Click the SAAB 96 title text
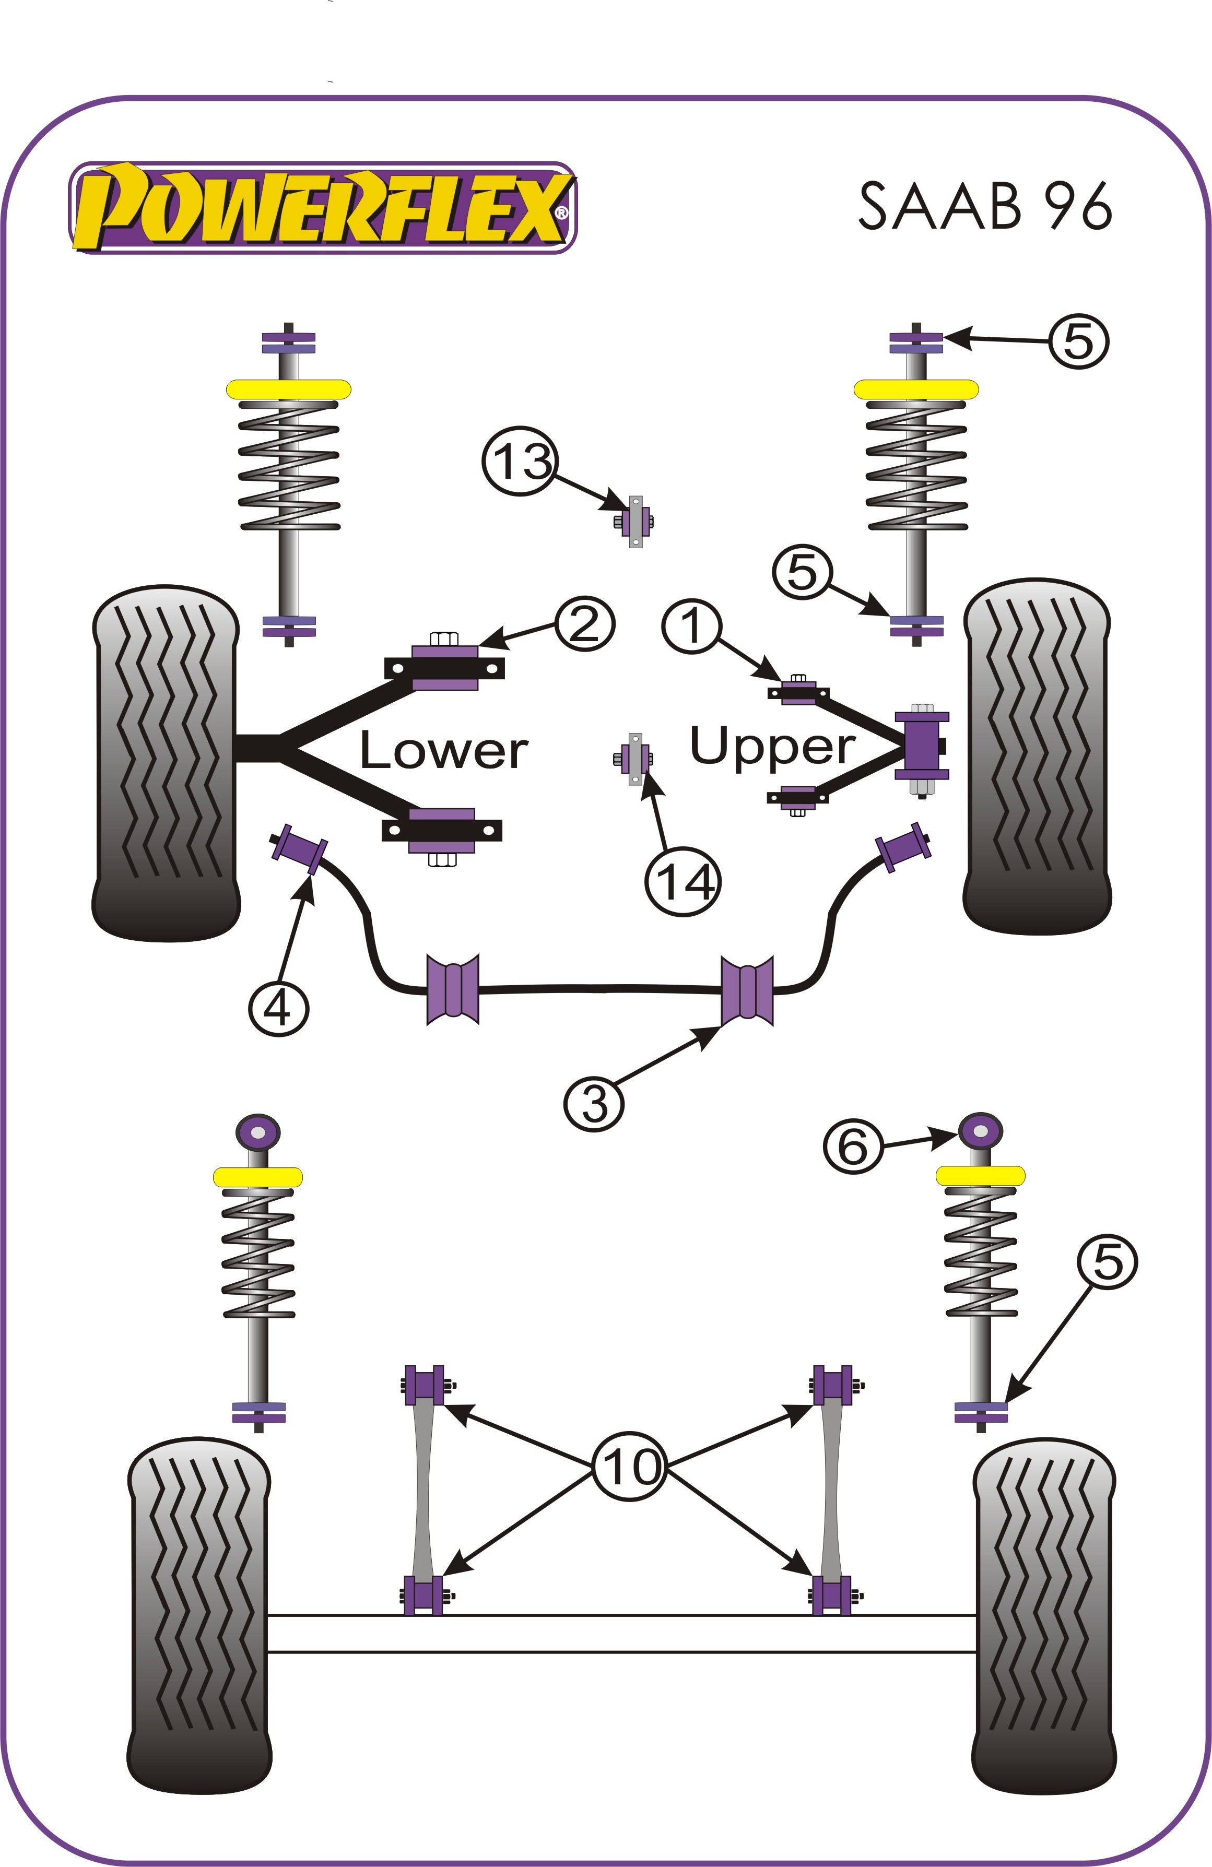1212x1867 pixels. point(984,206)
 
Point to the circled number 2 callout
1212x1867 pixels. point(584,624)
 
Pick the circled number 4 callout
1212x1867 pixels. point(278,1008)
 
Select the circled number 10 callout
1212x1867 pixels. point(629,1466)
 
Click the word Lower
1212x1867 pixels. point(443,751)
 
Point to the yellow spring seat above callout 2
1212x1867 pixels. point(289,389)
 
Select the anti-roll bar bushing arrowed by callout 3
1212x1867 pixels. point(747,990)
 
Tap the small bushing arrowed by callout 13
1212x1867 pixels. point(636,521)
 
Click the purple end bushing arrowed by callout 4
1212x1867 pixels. point(299,849)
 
